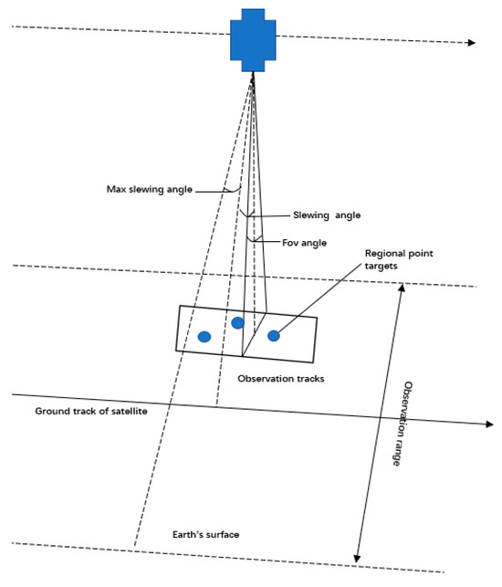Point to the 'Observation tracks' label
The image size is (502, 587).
pos(281,378)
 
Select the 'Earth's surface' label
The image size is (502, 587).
pos(205,534)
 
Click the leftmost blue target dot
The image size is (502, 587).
pos(205,337)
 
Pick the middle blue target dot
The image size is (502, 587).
pos(238,322)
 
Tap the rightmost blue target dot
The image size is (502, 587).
pos(273,336)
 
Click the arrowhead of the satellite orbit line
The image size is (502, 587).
pos(470,43)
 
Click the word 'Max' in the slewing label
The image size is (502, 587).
pos(115,191)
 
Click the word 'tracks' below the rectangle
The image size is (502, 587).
pos(309,378)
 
